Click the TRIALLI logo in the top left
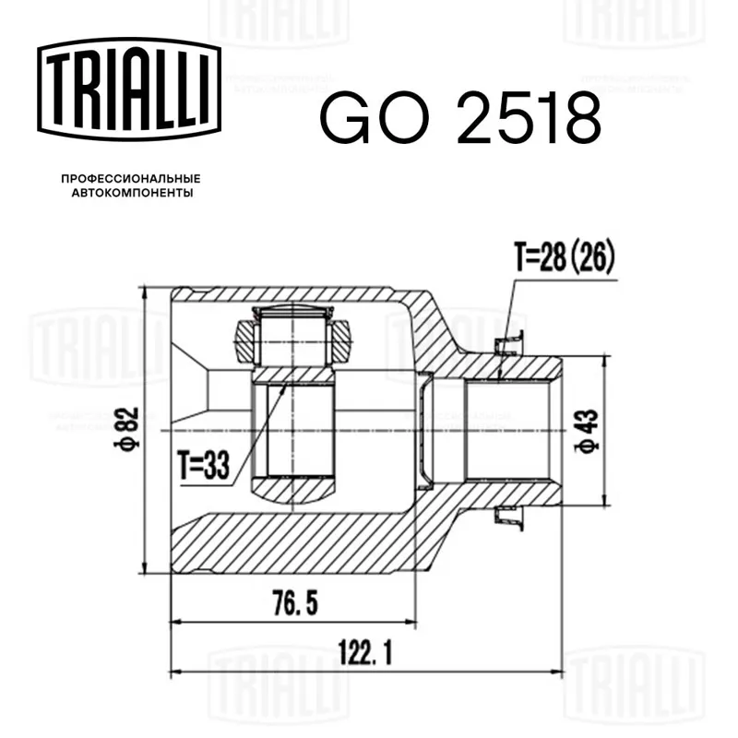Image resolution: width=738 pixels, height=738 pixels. click(129, 89)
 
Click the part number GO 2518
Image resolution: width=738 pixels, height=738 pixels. click(460, 118)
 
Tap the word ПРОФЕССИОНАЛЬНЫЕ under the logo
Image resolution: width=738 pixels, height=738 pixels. click(131, 179)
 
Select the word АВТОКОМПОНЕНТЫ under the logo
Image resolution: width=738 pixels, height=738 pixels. click(132, 193)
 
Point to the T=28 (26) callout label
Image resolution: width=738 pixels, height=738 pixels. click(565, 258)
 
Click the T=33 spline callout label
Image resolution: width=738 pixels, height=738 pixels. click(203, 465)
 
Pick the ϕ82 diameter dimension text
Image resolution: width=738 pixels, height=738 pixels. click(127, 428)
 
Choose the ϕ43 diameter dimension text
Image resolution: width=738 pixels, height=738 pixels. click(587, 431)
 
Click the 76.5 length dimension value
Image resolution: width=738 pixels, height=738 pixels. click(295, 603)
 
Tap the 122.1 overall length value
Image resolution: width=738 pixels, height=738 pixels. click(365, 653)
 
